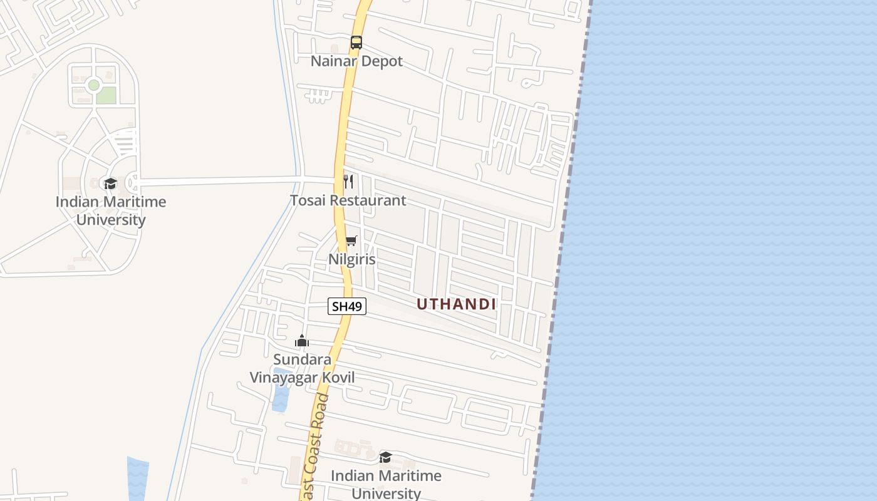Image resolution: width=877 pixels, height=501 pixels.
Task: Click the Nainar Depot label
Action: coord(356,61)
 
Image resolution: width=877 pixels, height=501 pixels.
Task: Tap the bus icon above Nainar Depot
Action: coord(356,43)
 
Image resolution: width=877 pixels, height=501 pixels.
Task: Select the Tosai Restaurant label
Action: coord(348,200)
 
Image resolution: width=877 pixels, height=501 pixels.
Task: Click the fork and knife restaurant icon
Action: coord(349,182)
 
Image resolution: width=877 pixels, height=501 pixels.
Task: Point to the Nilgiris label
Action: coord(352,259)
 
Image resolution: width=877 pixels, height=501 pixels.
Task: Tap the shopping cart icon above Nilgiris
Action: coord(351,241)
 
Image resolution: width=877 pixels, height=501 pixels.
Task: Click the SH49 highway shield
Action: coord(347,306)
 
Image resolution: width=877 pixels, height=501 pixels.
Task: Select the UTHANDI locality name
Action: coord(456,304)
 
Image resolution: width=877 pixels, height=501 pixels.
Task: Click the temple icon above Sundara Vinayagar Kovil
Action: coord(302,341)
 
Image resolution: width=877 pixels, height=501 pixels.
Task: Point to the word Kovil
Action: coord(340,378)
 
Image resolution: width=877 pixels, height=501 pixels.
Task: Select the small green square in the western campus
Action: coord(106,95)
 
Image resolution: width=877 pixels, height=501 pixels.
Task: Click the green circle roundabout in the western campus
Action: coord(94,85)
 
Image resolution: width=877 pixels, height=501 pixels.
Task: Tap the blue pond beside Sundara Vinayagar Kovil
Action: coord(281,391)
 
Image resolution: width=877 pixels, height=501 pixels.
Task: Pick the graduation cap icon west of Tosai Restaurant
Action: coord(111,183)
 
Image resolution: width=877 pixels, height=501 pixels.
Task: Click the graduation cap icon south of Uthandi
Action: coord(386,458)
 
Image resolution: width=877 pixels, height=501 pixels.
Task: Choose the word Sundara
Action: coord(302,360)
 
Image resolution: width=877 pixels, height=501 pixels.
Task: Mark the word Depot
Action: coord(383,61)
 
